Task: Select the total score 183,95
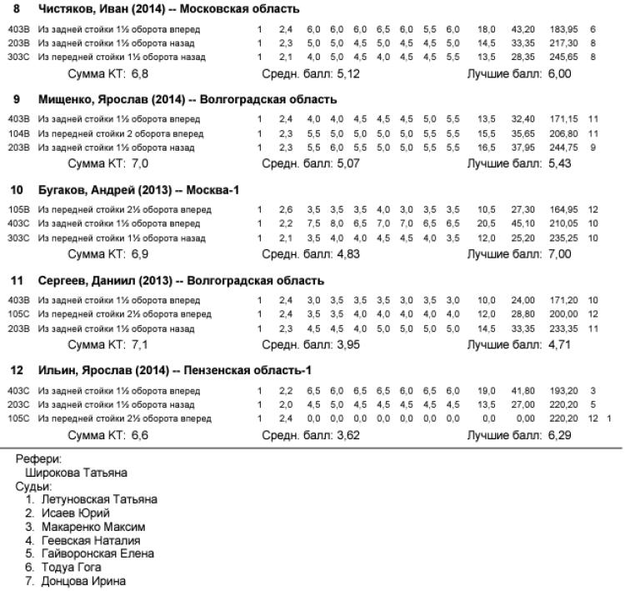click(x=565, y=29)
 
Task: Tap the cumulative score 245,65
click(x=565, y=57)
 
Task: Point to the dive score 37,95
click(x=522, y=148)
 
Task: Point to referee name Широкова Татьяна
click(x=76, y=473)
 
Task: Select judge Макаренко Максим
click(x=93, y=527)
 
